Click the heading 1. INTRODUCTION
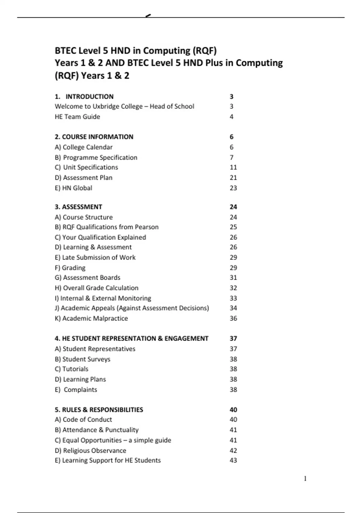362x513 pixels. click(x=84, y=97)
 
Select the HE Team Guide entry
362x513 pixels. click(x=77, y=117)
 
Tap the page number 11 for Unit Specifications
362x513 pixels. click(x=233, y=167)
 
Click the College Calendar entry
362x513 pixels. click(x=84, y=147)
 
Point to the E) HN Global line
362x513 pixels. click(x=73, y=188)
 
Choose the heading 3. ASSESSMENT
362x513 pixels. click(x=78, y=207)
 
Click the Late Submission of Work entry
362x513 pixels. click(x=95, y=258)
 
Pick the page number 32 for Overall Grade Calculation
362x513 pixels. click(x=233, y=288)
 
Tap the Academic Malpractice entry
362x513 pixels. click(x=91, y=318)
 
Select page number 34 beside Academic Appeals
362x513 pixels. click(x=233, y=308)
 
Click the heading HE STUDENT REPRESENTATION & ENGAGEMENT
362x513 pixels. click(x=132, y=339)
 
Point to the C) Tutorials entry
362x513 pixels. click(x=71, y=369)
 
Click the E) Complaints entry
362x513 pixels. click(x=76, y=390)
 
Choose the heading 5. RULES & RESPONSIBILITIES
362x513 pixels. click(x=99, y=410)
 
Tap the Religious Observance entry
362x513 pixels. click(x=91, y=451)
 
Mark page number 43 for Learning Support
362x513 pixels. click(x=233, y=460)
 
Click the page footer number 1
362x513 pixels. click(x=305, y=479)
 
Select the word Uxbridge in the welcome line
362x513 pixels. click(x=106, y=107)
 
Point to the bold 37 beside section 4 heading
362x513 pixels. click(x=233, y=339)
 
